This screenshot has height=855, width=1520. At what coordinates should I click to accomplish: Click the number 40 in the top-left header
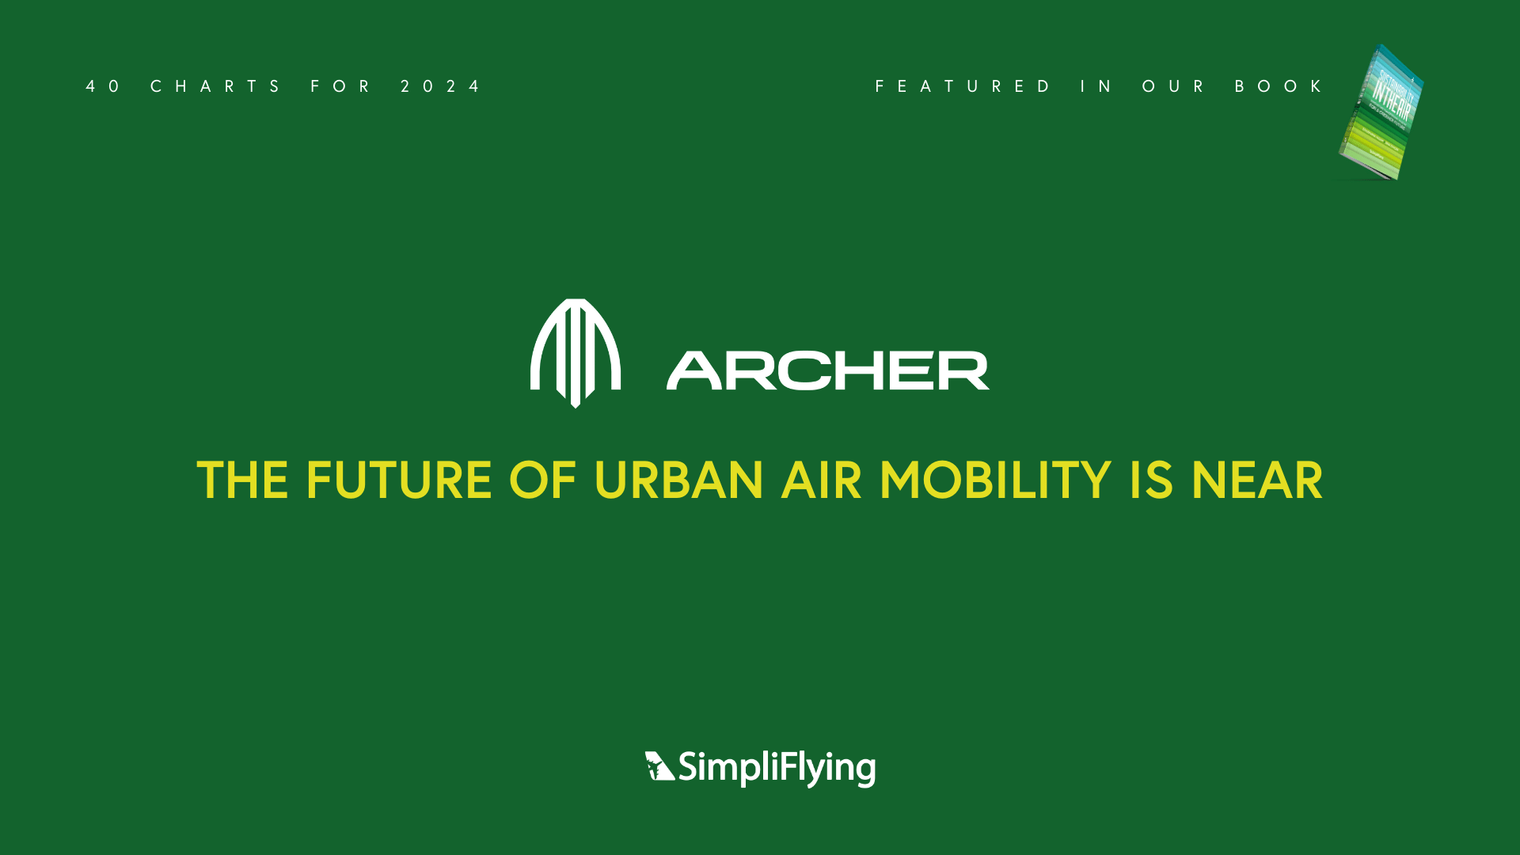(x=103, y=86)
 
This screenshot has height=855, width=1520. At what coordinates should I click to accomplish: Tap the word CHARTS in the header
(x=215, y=86)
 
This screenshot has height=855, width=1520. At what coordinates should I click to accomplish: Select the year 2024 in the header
(x=440, y=86)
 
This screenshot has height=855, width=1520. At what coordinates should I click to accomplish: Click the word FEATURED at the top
(x=963, y=86)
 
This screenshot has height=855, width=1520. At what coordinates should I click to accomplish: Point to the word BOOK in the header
(x=1279, y=86)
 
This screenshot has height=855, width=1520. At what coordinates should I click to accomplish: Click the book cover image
(x=1381, y=113)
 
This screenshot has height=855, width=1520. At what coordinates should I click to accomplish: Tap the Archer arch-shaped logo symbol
(x=576, y=352)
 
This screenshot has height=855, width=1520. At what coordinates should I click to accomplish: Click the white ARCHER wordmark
(x=828, y=370)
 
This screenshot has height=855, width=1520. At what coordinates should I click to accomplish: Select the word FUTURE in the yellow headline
(x=398, y=481)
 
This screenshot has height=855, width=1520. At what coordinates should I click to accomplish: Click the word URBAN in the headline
(x=678, y=481)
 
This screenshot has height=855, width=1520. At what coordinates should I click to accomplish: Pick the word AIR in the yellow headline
(x=821, y=481)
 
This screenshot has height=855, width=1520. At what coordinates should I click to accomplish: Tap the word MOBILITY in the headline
(x=995, y=481)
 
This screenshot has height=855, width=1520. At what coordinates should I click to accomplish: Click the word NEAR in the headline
(x=1256, y=481)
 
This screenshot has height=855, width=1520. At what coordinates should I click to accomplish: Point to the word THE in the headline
(x=242, y=481)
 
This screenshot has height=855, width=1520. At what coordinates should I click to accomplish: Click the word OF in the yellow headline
(x=542, y=481)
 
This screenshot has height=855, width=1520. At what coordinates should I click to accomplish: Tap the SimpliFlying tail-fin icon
(x=659, y=766)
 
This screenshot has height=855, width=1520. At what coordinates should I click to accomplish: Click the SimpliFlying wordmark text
(x=777, y=768)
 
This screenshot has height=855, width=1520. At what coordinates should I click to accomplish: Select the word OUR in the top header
(x=1173, y=86)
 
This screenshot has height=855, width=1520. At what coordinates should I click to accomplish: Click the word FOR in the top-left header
(x=340, y=86)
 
